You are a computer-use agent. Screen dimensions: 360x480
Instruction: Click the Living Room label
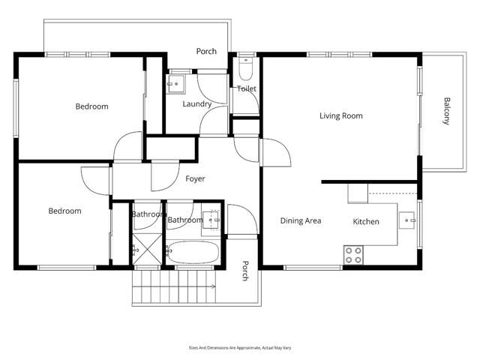point(341,115)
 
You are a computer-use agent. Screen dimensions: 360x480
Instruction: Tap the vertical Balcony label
point(446,111)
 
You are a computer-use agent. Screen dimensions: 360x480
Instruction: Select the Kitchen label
point(366,221)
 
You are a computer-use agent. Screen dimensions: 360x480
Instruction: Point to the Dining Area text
point(301,220)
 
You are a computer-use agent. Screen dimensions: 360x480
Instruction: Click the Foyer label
point(195,179)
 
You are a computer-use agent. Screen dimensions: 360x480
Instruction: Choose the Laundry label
point(196,104)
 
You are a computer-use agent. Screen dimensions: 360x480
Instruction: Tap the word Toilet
point(247,88)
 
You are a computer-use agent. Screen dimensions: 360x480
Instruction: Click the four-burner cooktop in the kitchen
point(353,255)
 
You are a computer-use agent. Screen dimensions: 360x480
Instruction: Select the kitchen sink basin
point(407,220)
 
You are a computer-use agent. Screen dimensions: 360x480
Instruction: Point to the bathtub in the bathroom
point(193,253)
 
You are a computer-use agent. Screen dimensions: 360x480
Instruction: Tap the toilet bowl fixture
point(246,69)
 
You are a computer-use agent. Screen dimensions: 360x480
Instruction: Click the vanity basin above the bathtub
point(211,219)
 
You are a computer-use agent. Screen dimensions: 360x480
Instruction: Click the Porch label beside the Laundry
point(206,52)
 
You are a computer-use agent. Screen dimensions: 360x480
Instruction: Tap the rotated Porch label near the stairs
point(244,271)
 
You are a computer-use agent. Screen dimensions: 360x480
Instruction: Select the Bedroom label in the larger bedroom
point(91,106)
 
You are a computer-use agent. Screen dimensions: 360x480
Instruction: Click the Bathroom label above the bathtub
point(185,220)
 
